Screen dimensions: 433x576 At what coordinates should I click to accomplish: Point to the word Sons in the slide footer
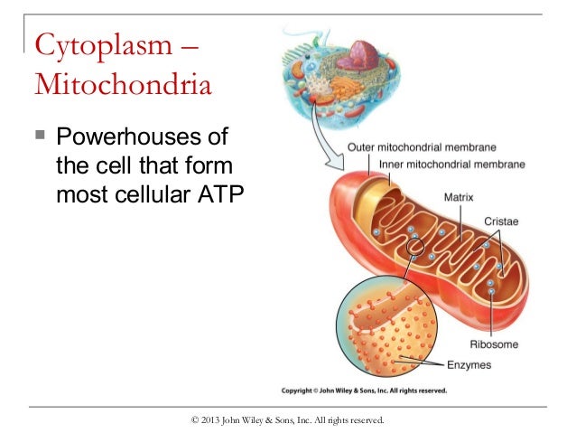coord(294,419)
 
